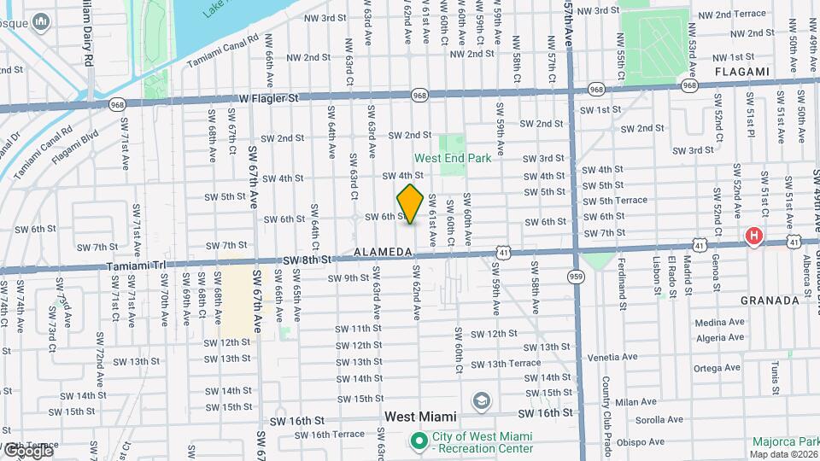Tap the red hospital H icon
coord(753,236)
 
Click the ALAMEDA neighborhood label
coord(384,253)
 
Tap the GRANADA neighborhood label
coord(770,301)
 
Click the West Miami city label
coord(420,417)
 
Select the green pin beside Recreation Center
coord(419,442)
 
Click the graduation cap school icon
coord(482,400)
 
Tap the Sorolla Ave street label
coord(658,420)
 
